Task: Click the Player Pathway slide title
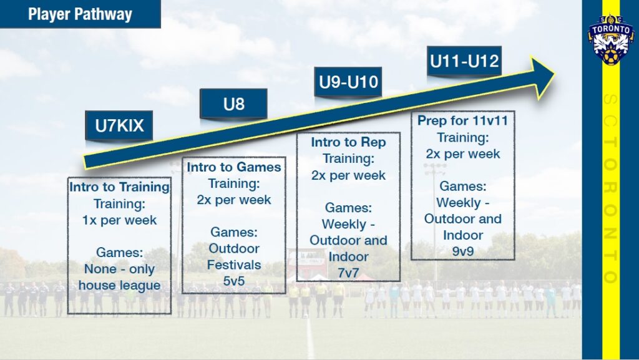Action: coord(80,14)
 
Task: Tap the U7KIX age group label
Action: coord(119,126)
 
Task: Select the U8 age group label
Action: coord(233,104)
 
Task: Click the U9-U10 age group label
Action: coord(348,82)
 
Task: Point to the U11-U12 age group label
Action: coord(464,61)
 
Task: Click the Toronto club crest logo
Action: coord(610,39)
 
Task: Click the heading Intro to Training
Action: coord(119,187)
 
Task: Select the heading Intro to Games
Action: coord(234,167)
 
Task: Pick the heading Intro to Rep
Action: coord(348,142)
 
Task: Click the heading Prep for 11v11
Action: coord(462,121)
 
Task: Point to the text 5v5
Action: coord(234,281)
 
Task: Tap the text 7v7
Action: coord(348,272)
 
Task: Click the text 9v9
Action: coord(462,251)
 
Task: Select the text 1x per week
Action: coord(119,220)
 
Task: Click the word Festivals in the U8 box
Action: coord(234,265)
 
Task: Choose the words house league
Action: coord(119,286)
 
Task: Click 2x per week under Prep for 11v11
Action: coord(462,153)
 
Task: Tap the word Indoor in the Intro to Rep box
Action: coord(348,256)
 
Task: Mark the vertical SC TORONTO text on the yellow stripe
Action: coord(610,187)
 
